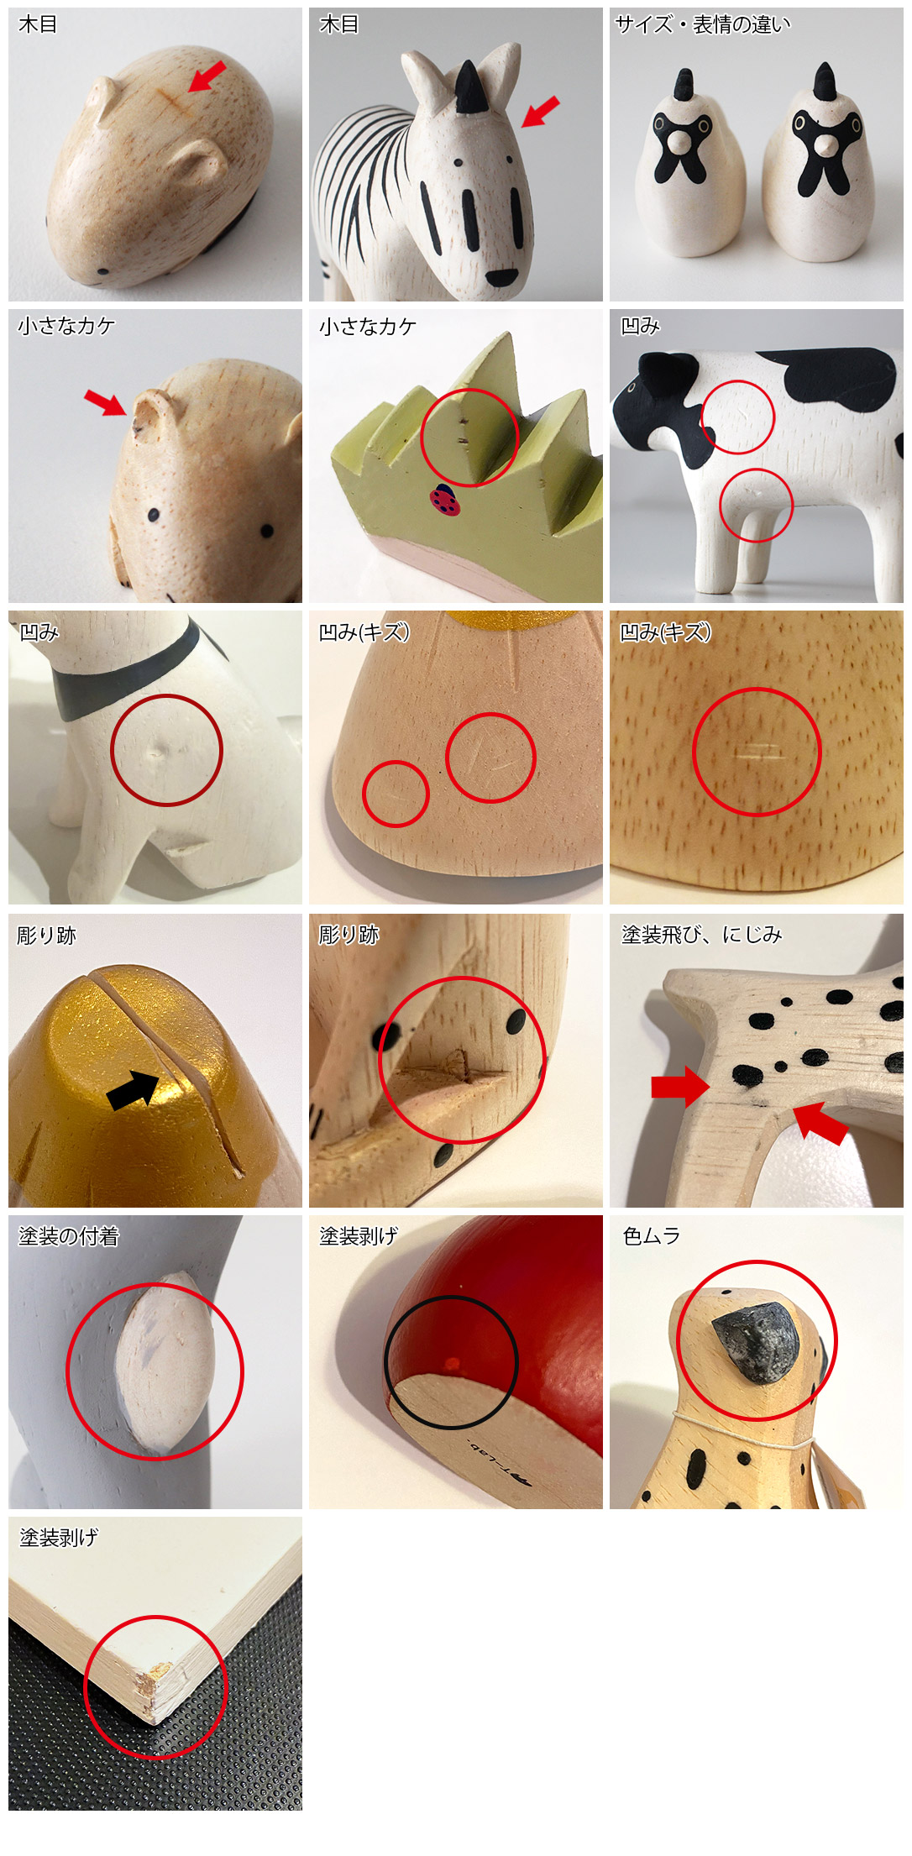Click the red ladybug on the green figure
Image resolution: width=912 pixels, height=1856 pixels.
tap(442, 500)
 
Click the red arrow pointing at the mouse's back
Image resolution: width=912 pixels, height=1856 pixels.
tap(207, 76)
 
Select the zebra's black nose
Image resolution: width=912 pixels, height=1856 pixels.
tap(502, 278)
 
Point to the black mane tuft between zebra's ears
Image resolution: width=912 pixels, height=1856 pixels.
tap(464, 89)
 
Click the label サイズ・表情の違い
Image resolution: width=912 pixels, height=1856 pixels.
tap(703, 24)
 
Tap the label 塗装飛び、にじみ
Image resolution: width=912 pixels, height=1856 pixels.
tap(701, 935)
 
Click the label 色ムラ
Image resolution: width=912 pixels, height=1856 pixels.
tap(652, 1235)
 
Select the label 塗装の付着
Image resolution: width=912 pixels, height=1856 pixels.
tap(69, 1236)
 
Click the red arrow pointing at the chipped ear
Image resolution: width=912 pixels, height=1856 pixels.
tap(106, 402)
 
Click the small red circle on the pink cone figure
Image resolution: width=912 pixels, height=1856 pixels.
tap(396, 794)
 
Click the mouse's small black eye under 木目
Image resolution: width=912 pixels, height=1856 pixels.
tap(103, 271)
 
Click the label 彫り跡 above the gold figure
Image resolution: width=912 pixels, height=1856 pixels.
tap(47, 935)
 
